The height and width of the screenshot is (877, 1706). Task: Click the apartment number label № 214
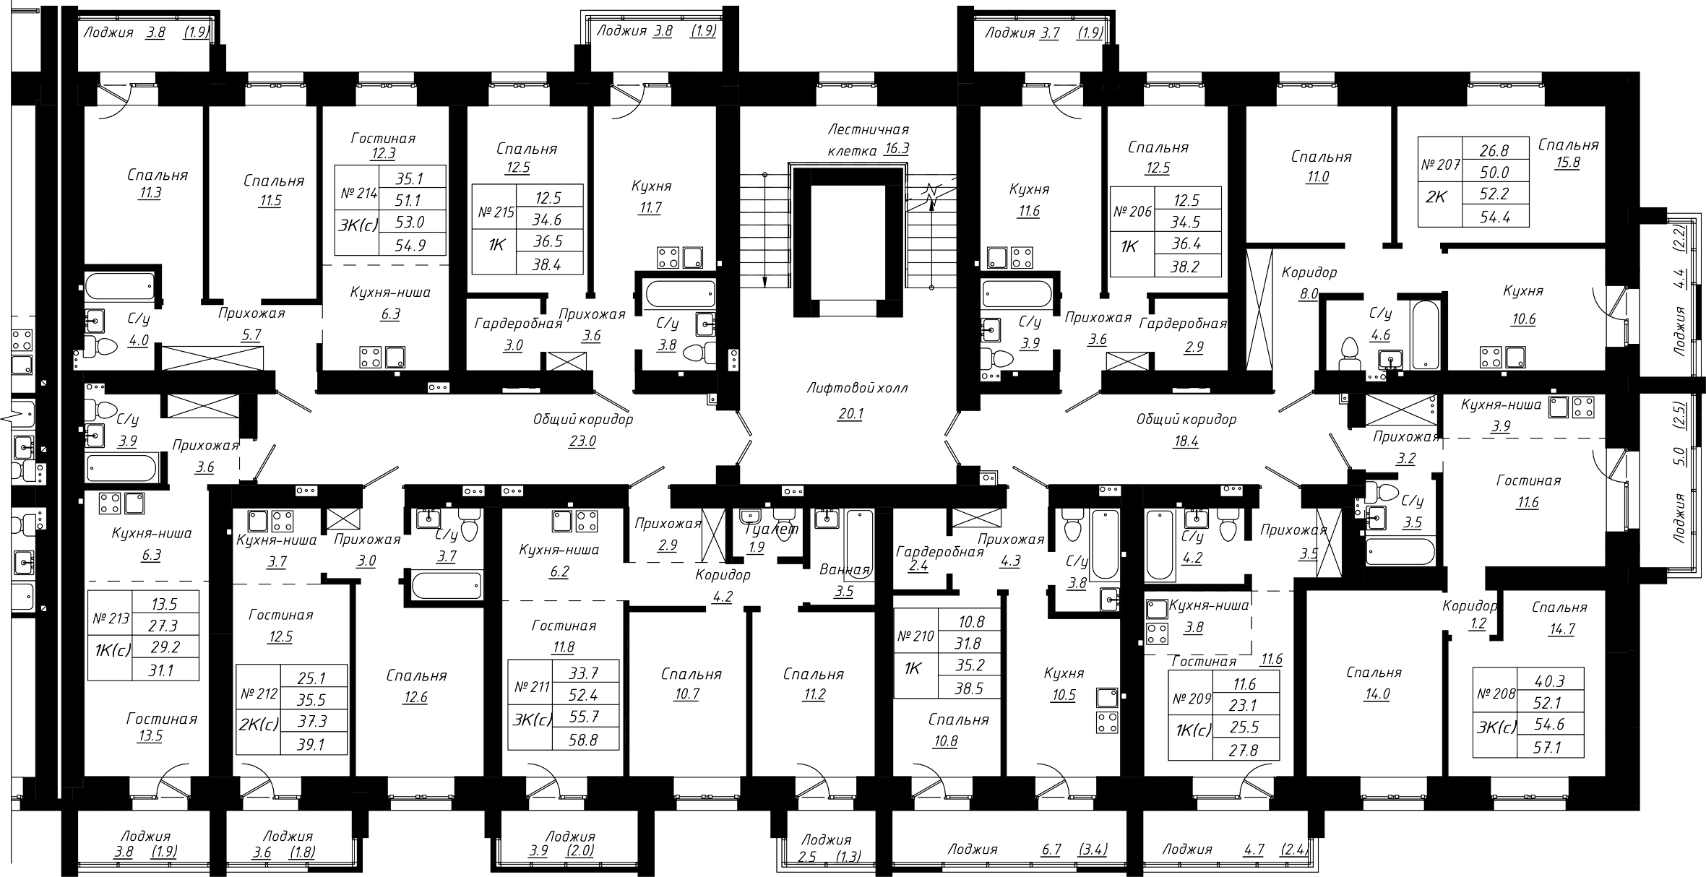[359, 194]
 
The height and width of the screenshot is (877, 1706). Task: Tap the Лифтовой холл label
[857, 388]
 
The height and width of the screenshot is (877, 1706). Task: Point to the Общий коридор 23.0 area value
[582, 441]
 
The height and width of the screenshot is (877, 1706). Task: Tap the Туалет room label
[772, 529]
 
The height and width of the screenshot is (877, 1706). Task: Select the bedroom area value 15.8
[1569, 163]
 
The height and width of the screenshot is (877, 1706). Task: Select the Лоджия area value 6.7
[1051, 850]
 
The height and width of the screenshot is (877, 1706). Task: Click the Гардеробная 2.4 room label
[939, 559]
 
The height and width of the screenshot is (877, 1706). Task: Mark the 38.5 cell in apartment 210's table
[969, 688]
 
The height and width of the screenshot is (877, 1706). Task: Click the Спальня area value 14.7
[1561, 628]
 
